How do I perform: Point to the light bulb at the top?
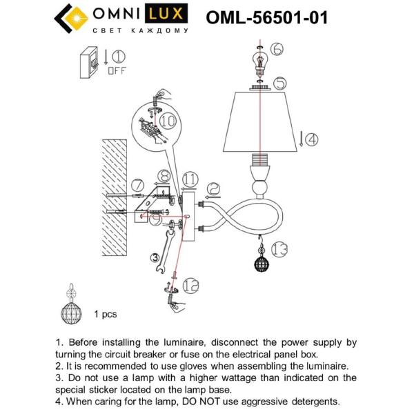(x=259, y=61)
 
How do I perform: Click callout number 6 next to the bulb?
(x=277, y=48)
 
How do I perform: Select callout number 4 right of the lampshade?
(x=311, y=139)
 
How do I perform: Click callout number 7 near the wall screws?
(x=137, y=185)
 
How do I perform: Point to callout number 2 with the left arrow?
(x=213, y=188)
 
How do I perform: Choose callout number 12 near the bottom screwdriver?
(x=191, y=283)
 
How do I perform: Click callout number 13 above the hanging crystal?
(x=278, y=246)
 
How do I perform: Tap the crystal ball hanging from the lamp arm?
(x=260, y=266)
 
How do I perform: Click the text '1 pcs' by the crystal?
(x=106, y=314)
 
